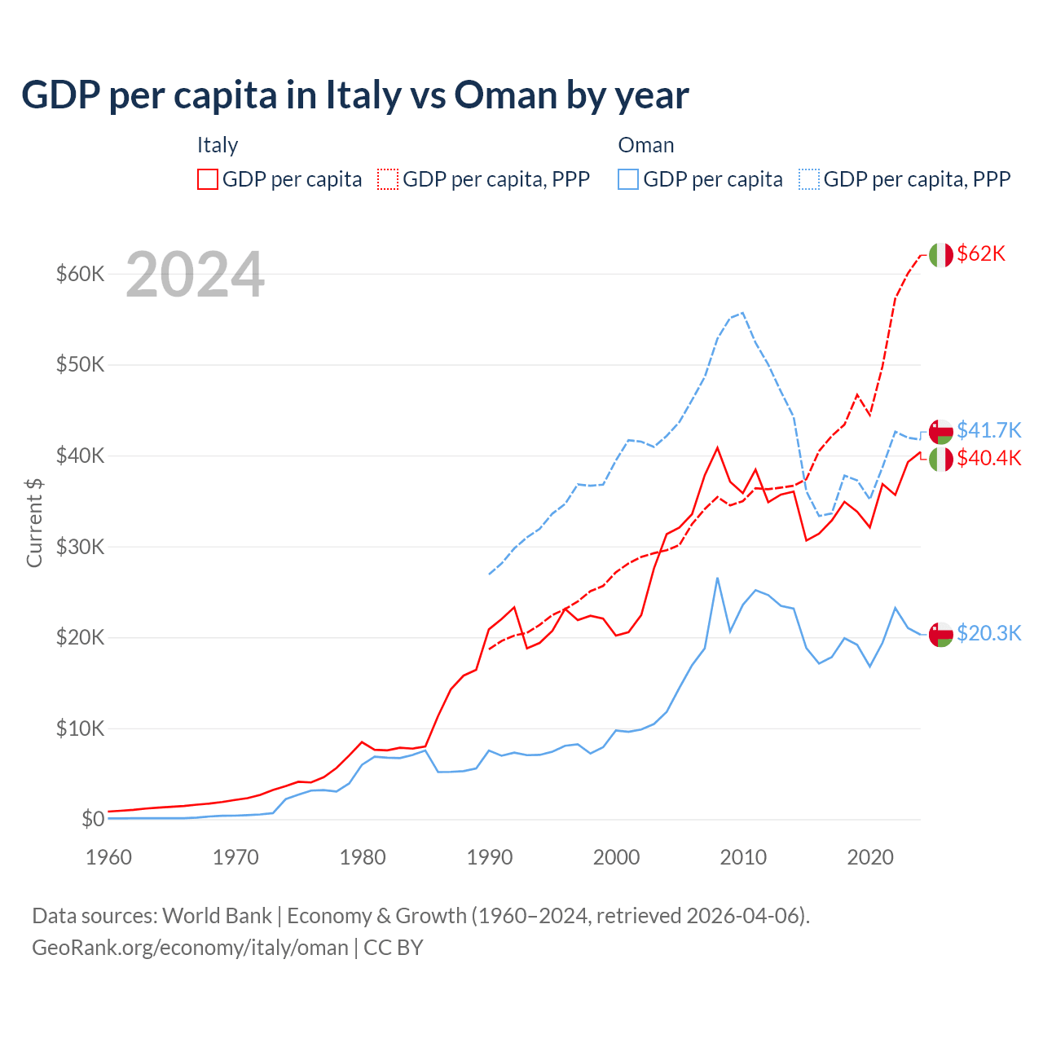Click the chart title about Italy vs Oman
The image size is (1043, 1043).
click(355, 95)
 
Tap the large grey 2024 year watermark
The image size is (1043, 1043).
click(196, 275)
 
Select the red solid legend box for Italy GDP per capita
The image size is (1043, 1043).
click(208, 179)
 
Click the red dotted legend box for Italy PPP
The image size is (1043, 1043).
click(388, 179)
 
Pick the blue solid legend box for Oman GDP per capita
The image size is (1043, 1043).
click(628, 179)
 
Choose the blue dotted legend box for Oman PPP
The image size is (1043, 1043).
click(809, 179)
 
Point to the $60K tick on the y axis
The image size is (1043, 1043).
click(80, 274)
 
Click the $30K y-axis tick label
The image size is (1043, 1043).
click(80, 547)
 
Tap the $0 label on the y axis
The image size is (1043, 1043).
click(93, 819)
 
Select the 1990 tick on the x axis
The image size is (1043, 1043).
click(490, 857)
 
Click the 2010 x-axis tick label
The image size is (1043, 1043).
click(743, 857)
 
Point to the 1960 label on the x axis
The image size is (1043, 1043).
click(109, 857)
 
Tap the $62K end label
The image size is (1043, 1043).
click(981, 254)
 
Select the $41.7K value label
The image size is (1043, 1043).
click(988, 430)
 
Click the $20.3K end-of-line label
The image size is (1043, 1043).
click(988, 634)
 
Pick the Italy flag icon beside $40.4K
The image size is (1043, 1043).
click(941, 459)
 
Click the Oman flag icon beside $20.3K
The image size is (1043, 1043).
click(941, 634)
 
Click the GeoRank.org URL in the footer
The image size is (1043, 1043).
click(190, 948)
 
